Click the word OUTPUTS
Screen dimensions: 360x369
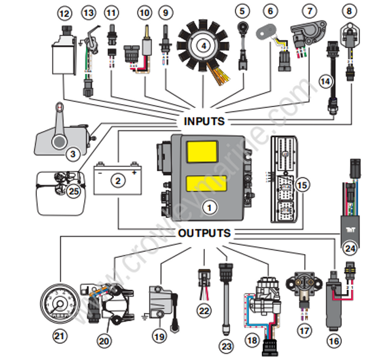[x=204, y=233]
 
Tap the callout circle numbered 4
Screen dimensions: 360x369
[x=202, y=44]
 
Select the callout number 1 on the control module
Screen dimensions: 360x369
[x=210, y=208]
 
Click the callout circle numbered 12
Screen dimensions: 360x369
[x=64, y=12]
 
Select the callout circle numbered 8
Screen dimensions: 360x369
[x=349, y=10]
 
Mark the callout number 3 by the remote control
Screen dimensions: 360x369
[x=73, y=154]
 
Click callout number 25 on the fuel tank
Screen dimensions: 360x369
[x=74, y=191]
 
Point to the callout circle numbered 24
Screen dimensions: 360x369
[x=351, y=249]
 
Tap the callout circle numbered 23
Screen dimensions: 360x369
[x=227, y=347]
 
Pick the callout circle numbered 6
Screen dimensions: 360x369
[x=269, y=10]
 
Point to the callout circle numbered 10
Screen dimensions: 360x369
[x=145, y=12]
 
